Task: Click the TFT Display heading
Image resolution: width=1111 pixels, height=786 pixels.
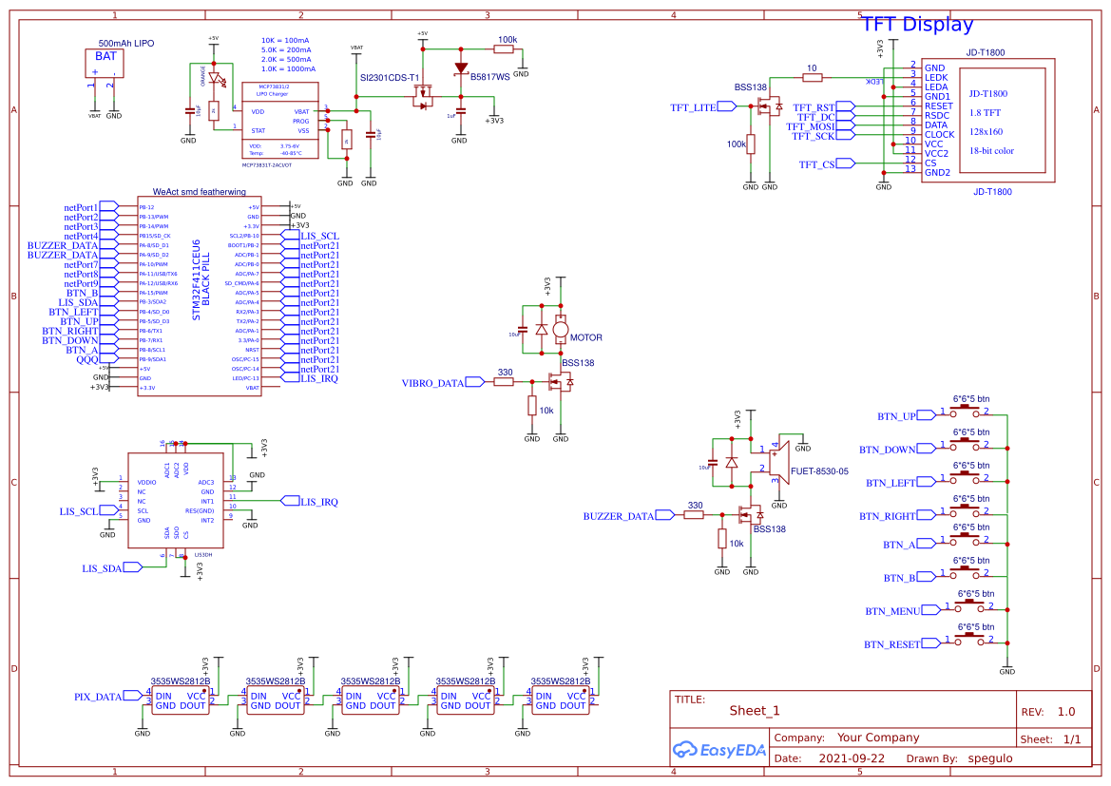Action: tap(917, 25)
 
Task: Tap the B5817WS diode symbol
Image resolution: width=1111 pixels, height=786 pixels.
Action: tap(461, 67)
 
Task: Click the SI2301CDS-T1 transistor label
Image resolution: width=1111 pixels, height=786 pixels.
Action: tap(389, 78)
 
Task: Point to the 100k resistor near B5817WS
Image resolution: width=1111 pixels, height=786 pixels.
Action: tap(507, 49)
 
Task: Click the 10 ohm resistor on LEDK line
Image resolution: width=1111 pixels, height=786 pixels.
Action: tap(811, 77)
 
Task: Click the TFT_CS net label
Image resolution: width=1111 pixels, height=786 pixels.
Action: tap(817, 164)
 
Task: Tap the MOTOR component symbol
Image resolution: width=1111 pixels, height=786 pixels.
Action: tap(561, 330)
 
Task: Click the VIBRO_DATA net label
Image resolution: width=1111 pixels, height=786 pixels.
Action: tap(433, 383)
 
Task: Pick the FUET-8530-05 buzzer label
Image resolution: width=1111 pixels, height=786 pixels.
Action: tap(818, 470)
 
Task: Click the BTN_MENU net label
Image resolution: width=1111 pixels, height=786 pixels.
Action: tap(892, 611)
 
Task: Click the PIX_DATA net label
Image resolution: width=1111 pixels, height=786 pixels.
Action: tap(98, 697)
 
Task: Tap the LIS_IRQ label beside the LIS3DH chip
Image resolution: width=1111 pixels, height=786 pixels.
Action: tap(318, 502)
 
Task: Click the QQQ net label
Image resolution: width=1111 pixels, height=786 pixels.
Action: tap(87, 360)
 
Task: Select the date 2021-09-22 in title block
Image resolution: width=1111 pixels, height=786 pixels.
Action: tap(851, 758)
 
